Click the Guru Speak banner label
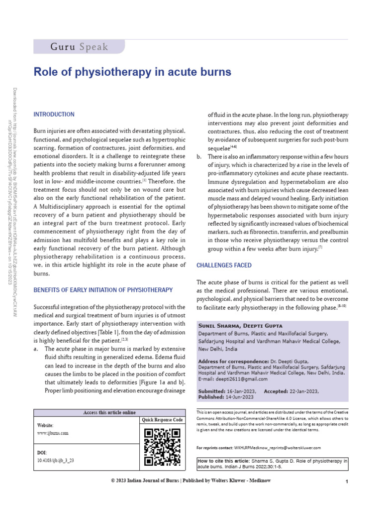click(x=79, y=47)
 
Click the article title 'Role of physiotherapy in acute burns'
click(x=132, y=72)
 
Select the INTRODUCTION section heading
click(x=54, y=115)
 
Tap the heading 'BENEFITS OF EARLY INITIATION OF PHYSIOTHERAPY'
click(x=103, y=290)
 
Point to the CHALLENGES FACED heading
click(x=224, y=265)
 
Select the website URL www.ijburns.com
click(x=53, y=433)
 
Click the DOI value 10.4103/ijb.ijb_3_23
click(x=56, y=461)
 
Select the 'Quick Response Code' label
click(x=162, y=420)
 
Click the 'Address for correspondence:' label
click(x=226, y=361)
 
